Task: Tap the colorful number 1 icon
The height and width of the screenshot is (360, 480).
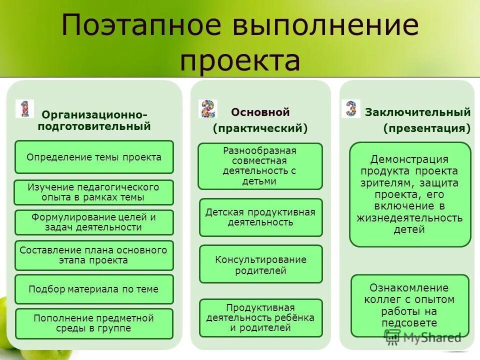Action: [24, 108]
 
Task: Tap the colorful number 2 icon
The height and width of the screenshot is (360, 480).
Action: [208, 108]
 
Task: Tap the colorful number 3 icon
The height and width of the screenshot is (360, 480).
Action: [351, 108]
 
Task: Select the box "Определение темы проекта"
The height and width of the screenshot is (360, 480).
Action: [94, 157]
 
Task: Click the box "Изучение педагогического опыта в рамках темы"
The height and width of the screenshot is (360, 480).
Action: [94, 192]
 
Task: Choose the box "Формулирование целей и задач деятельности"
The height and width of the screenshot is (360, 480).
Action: [94, 222]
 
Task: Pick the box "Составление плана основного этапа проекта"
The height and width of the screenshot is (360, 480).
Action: [94, 255]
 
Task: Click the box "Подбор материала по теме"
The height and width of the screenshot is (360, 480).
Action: [94, 289]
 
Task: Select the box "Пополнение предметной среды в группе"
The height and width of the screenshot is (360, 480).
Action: [94, 323]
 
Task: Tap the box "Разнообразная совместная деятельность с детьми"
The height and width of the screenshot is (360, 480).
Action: [260, 166]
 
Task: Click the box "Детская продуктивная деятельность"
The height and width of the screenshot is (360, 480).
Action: [260, 217]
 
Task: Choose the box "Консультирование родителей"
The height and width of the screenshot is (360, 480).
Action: [260, 264]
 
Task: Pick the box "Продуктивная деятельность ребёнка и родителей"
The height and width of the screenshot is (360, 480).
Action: [260, 318]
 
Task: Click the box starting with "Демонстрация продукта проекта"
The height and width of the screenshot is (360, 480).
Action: [410, 194]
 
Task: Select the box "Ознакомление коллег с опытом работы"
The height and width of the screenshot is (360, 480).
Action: [410, 305]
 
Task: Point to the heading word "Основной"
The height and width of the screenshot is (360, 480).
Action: [260, 112]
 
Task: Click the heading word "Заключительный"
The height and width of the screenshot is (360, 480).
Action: [418, 112]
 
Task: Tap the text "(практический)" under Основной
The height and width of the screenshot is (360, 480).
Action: [260, 128]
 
